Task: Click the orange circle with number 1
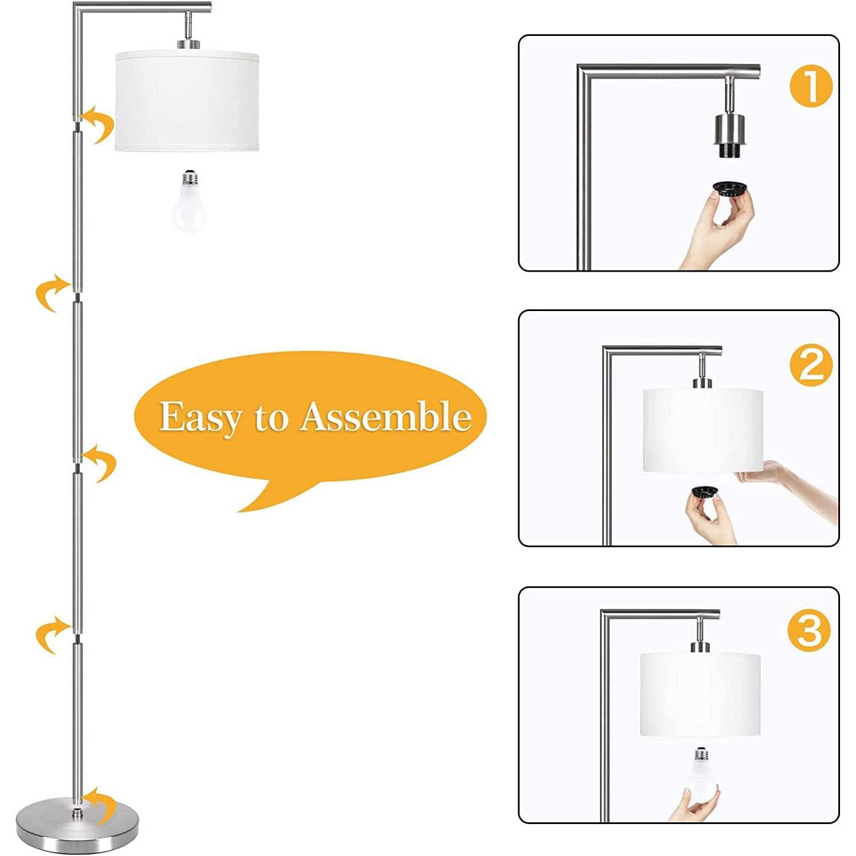click(811, 86)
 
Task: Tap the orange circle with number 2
click(811, 365)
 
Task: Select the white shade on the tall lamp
click(188, 101)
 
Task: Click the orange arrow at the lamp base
click(100, 805)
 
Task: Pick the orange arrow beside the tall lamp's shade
click(98, 124)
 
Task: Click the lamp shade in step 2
click(702, 430)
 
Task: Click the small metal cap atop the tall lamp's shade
click(188, 44)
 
